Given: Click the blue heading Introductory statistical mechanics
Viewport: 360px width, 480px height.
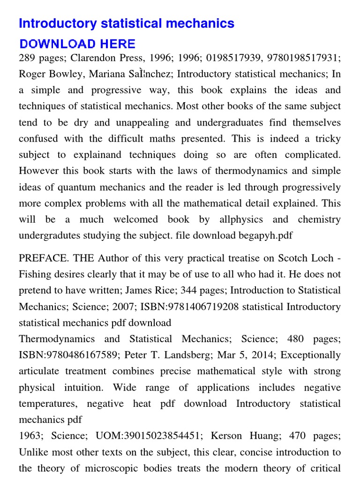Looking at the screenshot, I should coord(127,23).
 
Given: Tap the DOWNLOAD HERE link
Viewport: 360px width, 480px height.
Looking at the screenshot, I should coord(77,45).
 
